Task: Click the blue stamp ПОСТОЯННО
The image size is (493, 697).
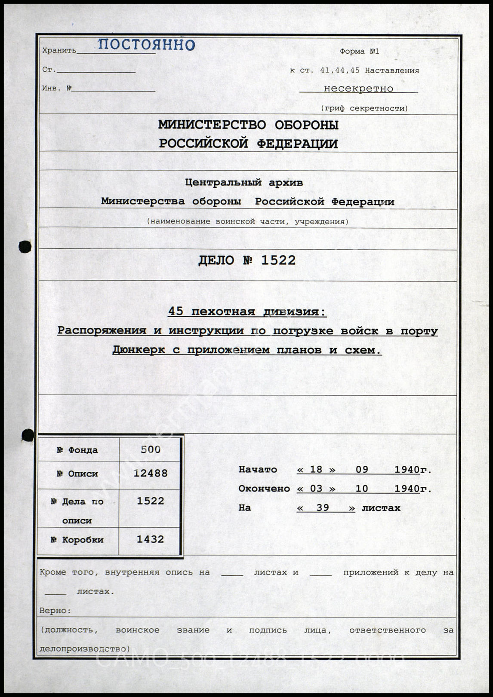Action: [x=146, y=44]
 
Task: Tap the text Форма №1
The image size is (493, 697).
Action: [x=359, y=52]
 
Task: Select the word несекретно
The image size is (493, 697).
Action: [x=358, y=89]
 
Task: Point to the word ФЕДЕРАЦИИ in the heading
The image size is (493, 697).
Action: [x=297, y=144]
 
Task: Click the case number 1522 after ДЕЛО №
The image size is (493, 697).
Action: [x=278, y=260]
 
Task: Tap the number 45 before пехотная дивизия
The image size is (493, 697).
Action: [x=176, y=312]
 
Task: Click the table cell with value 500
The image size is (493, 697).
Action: [x=151, y=449]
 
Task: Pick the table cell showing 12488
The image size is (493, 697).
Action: [x=151, y=474]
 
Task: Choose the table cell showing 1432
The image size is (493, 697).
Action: [x=151, y=539]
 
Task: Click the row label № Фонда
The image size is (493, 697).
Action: [x=77, y=450]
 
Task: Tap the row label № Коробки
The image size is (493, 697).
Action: [x=77, y=540]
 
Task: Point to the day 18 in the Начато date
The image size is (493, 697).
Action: [x=316, y=470]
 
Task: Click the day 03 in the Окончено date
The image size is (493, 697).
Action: [x=316, y=489]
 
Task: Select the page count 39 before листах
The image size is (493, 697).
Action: [x=323, y=508]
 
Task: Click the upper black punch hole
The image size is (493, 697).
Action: [x=25, y=247]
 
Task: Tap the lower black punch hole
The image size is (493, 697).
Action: [x=28, y=435]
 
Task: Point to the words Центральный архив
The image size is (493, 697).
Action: [x=244, y=183]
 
